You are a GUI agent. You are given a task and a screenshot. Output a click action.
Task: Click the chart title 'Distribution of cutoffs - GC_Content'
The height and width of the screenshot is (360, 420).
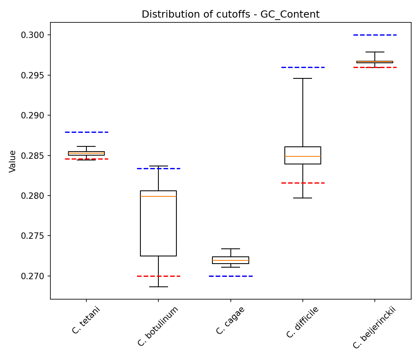[230, 14]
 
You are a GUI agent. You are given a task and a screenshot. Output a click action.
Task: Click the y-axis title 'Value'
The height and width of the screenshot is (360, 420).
[13, 161]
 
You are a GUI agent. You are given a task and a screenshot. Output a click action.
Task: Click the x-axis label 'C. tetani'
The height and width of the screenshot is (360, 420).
[86, 320]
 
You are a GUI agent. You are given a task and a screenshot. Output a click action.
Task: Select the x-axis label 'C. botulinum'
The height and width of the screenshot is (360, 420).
[158, 326]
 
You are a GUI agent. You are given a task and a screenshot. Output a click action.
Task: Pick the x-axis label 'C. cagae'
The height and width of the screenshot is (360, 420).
[230, 320]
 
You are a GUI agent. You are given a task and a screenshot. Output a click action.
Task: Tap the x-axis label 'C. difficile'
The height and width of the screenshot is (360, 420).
[302, 322]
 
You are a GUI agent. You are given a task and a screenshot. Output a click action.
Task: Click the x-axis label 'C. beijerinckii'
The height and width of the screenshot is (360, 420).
[374, 328]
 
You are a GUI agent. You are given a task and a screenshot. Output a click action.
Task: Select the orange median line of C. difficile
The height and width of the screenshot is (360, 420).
[303, 156]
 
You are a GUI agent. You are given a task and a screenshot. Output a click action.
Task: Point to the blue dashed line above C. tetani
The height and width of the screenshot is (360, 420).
[86, 132]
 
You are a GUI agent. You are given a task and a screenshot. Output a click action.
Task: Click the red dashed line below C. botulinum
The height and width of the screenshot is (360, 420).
[158, 276]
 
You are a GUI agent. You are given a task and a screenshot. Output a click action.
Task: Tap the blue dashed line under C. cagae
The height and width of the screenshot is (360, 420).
[231, 276]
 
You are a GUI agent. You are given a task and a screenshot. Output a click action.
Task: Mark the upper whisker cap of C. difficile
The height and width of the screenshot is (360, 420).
[303, 78]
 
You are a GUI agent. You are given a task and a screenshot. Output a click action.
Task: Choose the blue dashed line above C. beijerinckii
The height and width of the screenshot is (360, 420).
[375, 35]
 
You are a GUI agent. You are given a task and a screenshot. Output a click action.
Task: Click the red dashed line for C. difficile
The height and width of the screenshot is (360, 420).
[303, 183]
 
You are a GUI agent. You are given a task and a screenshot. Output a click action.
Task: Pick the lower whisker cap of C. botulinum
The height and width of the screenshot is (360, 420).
[158, 287]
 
